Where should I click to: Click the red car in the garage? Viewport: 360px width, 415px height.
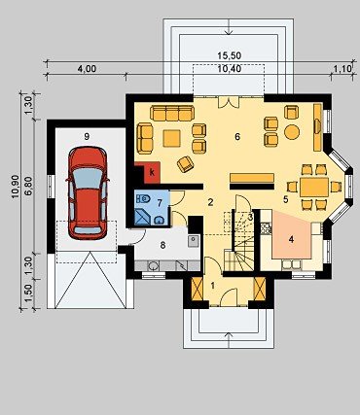(x=88, y=193)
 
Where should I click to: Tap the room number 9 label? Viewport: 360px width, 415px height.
(x=87, y=137)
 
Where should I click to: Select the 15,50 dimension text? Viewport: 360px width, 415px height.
(x=230, y=55)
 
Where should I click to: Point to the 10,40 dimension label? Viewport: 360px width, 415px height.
(x=230, y=68)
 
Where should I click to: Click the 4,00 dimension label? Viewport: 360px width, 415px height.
(x=87, y=69)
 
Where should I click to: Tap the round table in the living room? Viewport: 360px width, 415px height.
(x=292, y=132)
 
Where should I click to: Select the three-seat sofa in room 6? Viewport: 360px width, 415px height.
(x=172, y=113)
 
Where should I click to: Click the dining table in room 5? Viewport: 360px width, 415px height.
(x=314, y=187)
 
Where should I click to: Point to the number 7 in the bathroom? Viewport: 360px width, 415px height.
(x=160, y=203)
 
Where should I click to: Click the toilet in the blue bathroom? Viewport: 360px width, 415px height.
(x=143, y=198)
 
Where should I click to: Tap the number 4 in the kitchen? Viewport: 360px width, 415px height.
(x=291, y=240)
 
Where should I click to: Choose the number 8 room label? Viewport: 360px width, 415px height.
(x=162, y=245)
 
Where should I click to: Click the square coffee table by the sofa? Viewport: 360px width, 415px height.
(x=172, y=138)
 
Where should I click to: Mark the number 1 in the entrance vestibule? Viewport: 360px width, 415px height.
(x=213, y=286)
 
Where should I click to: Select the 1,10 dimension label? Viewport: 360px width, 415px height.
(x=342, y=69)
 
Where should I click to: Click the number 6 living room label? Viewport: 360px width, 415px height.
(x=237, y=137)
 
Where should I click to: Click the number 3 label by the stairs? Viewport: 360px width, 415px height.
(x=250, y=218)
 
